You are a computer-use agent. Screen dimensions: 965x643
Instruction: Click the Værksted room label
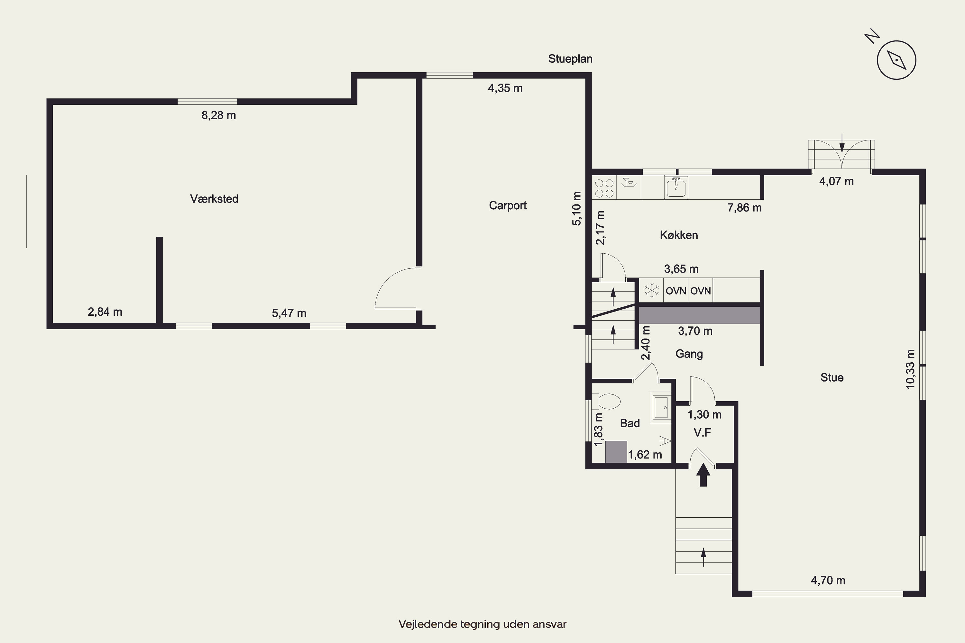click(x=214, y=199)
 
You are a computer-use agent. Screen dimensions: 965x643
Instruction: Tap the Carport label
click(x=508, y=205)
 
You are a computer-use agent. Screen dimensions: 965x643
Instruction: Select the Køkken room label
click(x=679, y=235)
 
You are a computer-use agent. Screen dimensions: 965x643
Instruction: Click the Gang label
click(x=689, y=354)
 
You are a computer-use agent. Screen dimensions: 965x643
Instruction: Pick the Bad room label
click(x=630, y=423)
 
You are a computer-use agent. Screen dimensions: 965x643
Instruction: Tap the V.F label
click(x=703, y=432)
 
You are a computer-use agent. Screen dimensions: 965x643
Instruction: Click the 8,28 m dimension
click(x=219, y=115)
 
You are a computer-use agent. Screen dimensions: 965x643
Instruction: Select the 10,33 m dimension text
click(x=910, y=369)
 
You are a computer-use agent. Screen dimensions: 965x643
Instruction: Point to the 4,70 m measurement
click(x=828, y=580)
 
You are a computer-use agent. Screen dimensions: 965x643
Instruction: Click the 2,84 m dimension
click(x=105, y=312)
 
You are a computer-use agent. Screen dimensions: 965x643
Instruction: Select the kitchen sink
click(x=676, y=188)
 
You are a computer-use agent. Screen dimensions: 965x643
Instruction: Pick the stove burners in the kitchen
click(x=604, y=188)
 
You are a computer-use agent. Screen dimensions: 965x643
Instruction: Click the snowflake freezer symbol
click(x=651, y=290)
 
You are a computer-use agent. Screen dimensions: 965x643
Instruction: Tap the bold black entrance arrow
click(x=703, y=475)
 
